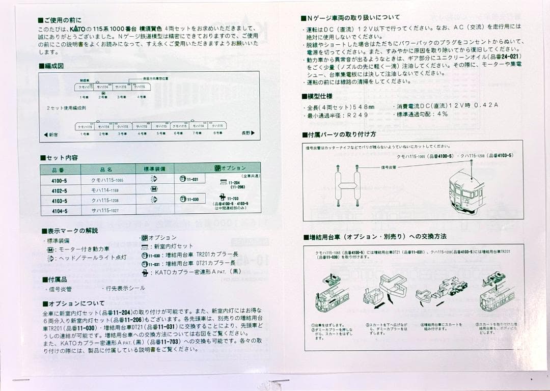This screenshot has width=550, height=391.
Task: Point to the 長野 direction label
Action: tap(248, 133)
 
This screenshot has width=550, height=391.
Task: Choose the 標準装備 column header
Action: tap(154, 169)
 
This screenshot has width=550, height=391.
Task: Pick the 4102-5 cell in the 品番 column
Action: tap(59, 190)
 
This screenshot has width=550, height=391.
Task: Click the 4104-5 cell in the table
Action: tap(59, 211)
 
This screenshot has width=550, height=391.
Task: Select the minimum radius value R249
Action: tap(358, 115)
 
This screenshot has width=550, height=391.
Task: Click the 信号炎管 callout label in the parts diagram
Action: tap(390, 167)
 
